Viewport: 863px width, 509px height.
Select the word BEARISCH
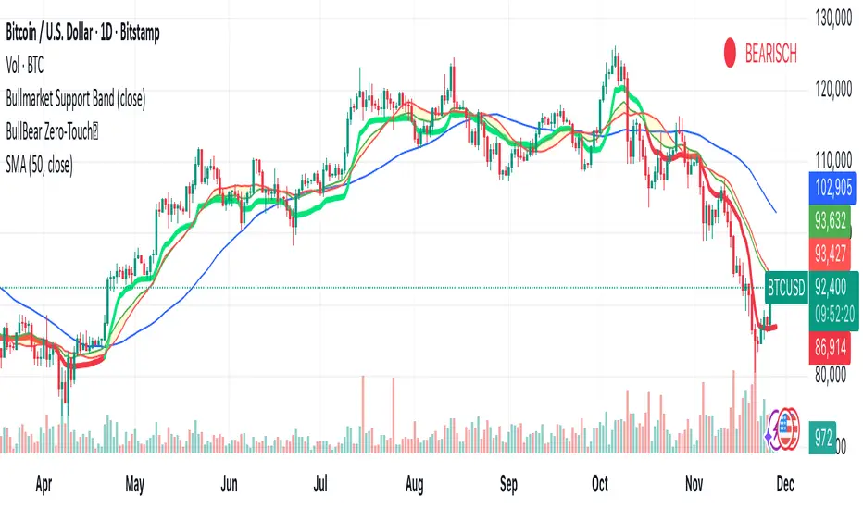click(x=770, y=54)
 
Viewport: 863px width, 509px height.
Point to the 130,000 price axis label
click(x=829, y=18)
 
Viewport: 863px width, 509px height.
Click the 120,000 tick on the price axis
click(x=829, y=90)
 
